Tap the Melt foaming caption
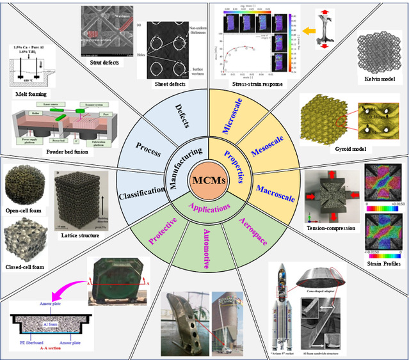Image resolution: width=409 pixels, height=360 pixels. tap(29, 93)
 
